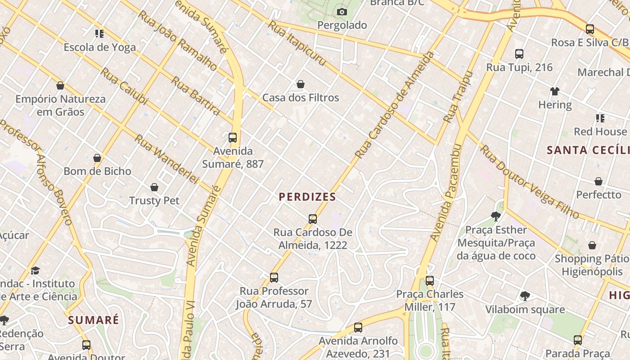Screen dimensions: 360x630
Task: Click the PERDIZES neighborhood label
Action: pos(307,197)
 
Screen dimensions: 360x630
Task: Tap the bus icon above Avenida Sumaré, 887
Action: pos(233,138)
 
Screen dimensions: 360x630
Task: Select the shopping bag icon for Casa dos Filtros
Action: pos(301,84)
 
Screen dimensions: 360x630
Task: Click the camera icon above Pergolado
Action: pos(342,12)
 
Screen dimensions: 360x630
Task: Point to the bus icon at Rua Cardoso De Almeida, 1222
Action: pos(313,219)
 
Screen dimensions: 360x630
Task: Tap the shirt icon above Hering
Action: pos(554,91)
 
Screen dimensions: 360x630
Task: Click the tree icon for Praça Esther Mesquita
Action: pos(496,216)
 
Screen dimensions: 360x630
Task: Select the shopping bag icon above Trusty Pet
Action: pos(154,187)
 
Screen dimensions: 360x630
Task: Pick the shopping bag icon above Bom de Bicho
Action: pos(97,157)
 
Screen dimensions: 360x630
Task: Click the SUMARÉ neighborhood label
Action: pos(94,320)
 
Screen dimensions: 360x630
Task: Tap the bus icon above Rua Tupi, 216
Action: pos(519,54)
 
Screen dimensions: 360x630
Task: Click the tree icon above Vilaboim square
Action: pos(525,296)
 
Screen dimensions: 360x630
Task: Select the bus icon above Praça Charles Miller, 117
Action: pos(430,281)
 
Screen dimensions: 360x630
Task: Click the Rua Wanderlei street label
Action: pos(166,159)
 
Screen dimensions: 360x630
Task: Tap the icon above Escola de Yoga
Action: pos(99,33)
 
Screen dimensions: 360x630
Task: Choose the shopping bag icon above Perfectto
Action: pos(598,181)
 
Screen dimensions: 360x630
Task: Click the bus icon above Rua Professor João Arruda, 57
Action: pos(274,278)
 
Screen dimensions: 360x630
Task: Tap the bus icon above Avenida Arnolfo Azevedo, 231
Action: pos(358,328)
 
